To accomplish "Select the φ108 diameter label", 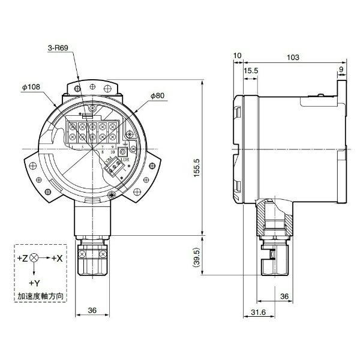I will tap(31, 88).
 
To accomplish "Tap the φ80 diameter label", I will tap(158, 96).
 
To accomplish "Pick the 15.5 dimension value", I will tap(251, 71).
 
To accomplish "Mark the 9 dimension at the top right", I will tap(341, 70).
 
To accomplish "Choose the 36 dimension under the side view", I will tap(285, 296).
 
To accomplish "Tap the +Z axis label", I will tap(22, 257).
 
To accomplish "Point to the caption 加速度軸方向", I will tap(40, 296).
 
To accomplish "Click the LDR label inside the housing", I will tap(125, 160).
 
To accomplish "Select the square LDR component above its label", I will tap(125, 152).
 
